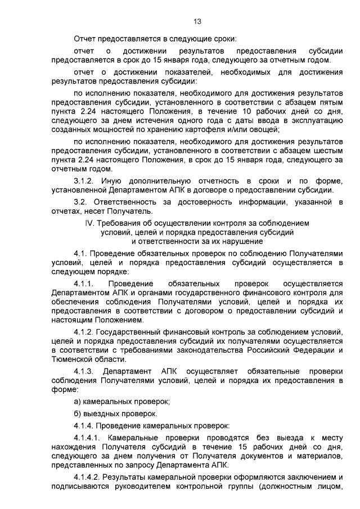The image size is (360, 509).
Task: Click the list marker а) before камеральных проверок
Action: (78, 402)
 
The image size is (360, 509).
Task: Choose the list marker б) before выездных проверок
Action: (78, 413)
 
